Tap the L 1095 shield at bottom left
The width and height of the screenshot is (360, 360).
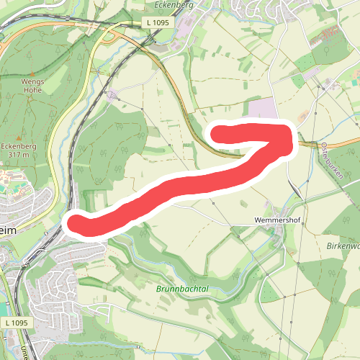click(15, 323)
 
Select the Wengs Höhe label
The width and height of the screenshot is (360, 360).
click(32, 86)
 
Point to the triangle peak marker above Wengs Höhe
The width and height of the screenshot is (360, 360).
click(32, 72)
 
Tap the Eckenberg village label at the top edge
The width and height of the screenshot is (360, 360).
click(171, 4)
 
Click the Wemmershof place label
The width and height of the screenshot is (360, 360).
click(276, 216)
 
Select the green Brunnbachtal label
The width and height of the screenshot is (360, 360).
click(181, 289)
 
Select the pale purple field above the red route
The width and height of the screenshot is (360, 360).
click(263, 110)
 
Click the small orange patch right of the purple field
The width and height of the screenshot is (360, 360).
click(301, 115)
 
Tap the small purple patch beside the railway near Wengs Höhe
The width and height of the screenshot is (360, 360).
click(112, 94)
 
